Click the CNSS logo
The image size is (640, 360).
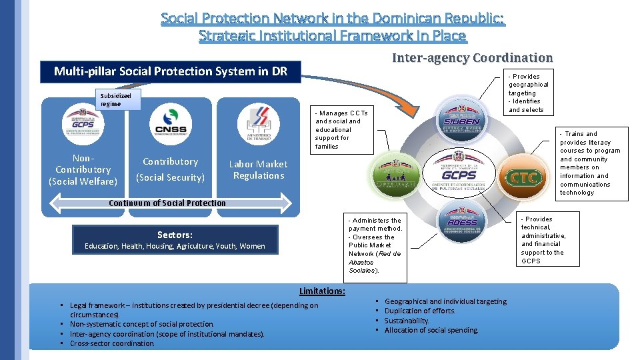coord(170,124)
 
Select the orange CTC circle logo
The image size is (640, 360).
coord(525,177)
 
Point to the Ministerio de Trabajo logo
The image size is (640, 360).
coord(258,124)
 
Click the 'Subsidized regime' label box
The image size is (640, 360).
coord(116,100)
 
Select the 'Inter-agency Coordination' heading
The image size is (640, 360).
coord(472,58)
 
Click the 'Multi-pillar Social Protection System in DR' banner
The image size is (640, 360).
coord(171,71)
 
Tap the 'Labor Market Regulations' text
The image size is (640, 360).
coord(258,170)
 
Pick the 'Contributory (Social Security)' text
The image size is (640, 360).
coord(170,169)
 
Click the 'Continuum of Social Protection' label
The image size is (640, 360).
coord(167,203)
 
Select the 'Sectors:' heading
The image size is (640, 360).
coord(175,235)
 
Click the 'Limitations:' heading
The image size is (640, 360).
coord(322,291)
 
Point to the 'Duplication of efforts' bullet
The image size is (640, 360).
coord(419,311)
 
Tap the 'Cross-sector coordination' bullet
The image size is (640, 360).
coord(112,343)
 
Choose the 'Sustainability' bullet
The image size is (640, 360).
coord(407,321)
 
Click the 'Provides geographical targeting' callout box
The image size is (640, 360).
coord(529,93)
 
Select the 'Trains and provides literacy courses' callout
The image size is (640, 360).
coord(590,163)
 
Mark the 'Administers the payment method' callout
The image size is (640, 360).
coord(375,245)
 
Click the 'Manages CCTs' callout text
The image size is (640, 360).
coord(341,129)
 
